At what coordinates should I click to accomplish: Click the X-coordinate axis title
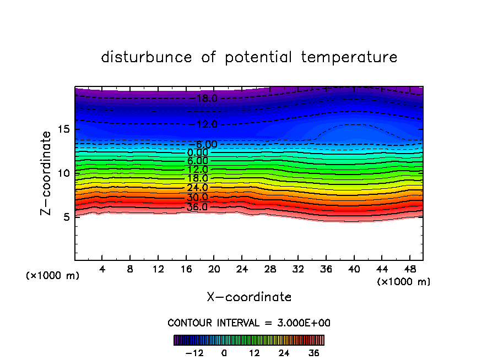pos(249,297)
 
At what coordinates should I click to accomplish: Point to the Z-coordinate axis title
pos(46,173)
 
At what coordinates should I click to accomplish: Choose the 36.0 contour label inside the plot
pos(197,207)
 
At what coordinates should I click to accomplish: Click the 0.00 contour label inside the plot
pos(197,152)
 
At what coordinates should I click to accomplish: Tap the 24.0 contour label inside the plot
pos(197,188)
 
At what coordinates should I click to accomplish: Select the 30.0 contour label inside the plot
pos(197,197)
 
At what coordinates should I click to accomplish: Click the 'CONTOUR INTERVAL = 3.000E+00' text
pos(249,323)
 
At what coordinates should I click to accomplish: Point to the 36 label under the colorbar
pos(314,353)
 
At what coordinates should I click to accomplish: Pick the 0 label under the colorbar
pos(224,353)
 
